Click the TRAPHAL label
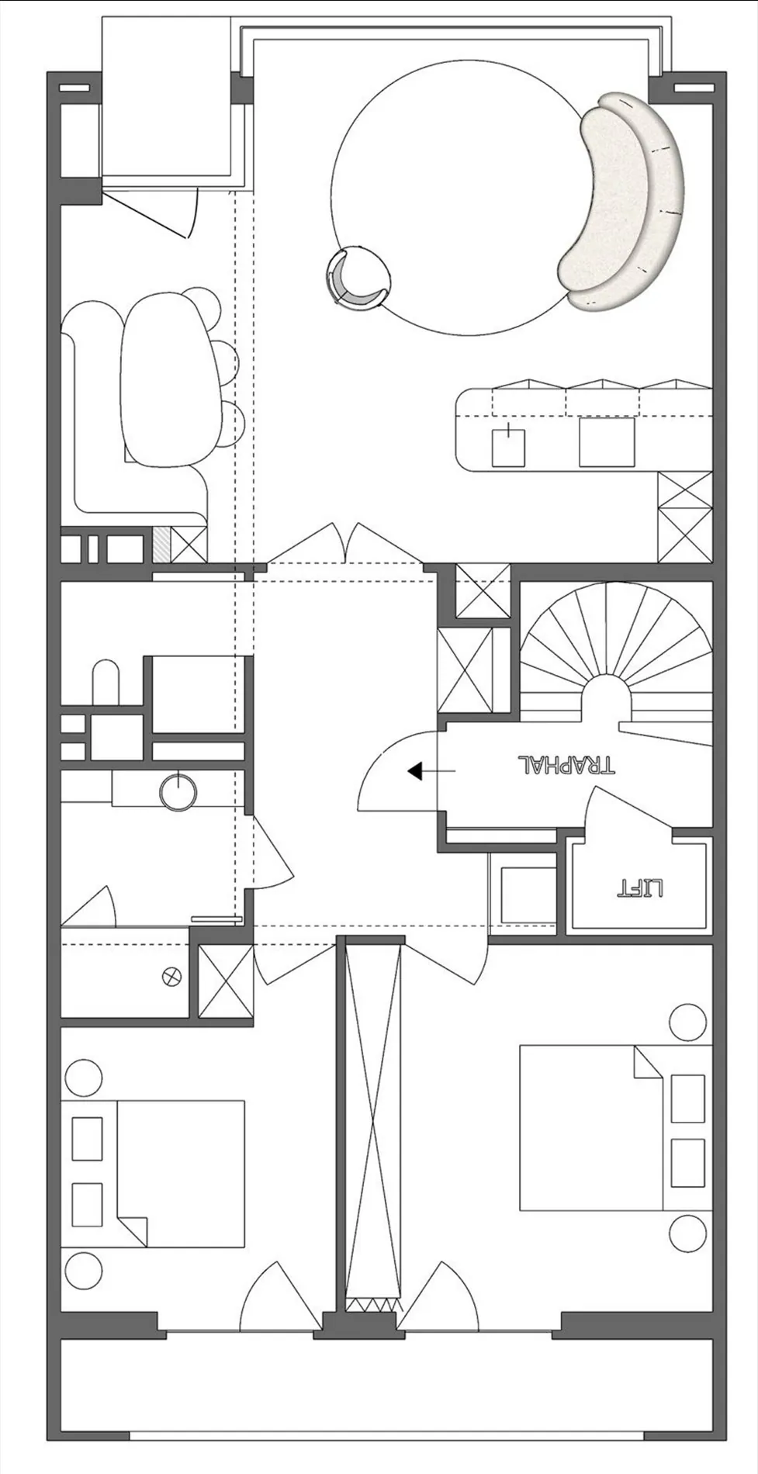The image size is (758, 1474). pos(566,765)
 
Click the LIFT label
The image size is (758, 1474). pos(640,887)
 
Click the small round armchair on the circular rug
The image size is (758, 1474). pos(358,278)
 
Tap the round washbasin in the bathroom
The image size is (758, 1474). pos(178,792)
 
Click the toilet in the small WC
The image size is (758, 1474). pos(106,682)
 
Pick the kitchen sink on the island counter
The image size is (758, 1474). pos(509,446)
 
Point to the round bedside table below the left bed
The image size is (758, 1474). pos(83,1273)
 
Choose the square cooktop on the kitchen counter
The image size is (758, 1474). pos(607,443)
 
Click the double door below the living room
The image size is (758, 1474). pos(345,542)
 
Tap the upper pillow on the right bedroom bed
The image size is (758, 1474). pos(687,1098)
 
